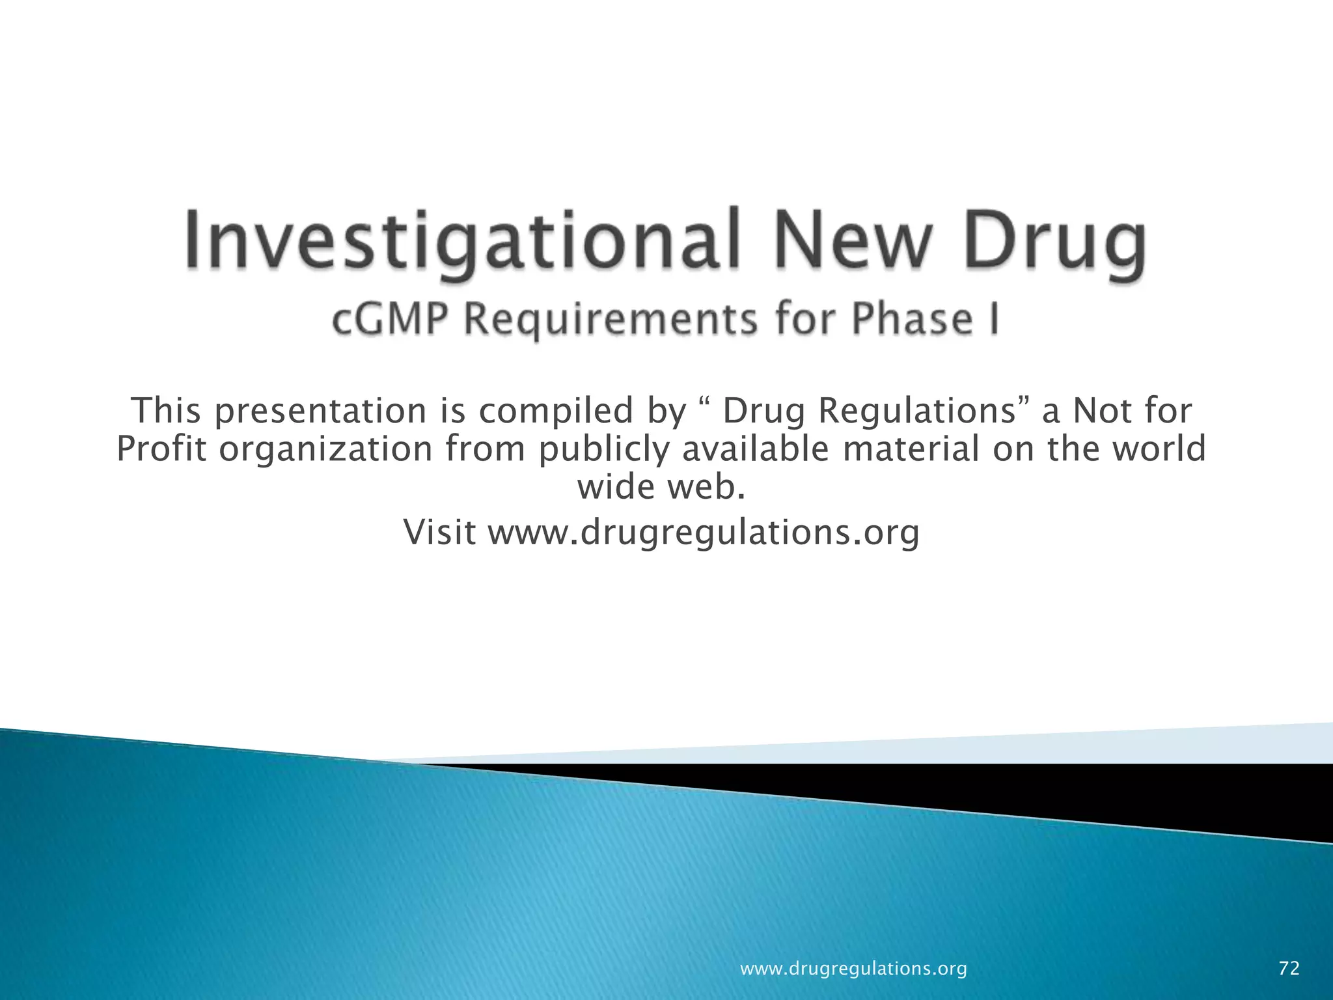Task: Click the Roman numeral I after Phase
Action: pos(994,320)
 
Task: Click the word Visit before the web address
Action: pos(440,533)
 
